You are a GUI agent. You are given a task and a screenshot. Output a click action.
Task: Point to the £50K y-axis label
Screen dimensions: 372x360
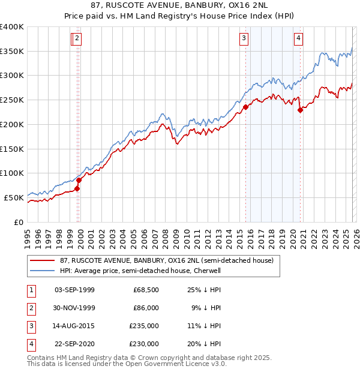(x=13, y=197)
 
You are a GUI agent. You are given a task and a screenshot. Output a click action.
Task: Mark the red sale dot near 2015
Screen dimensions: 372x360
(x=246, y=107)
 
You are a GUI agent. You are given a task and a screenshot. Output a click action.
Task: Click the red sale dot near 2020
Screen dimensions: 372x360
(x=300, y=109)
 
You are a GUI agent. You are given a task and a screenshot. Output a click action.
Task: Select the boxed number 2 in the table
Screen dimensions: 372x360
(x=31, y=308)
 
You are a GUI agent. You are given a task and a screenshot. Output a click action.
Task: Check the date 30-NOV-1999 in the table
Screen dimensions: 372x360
(x=74, y=308)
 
